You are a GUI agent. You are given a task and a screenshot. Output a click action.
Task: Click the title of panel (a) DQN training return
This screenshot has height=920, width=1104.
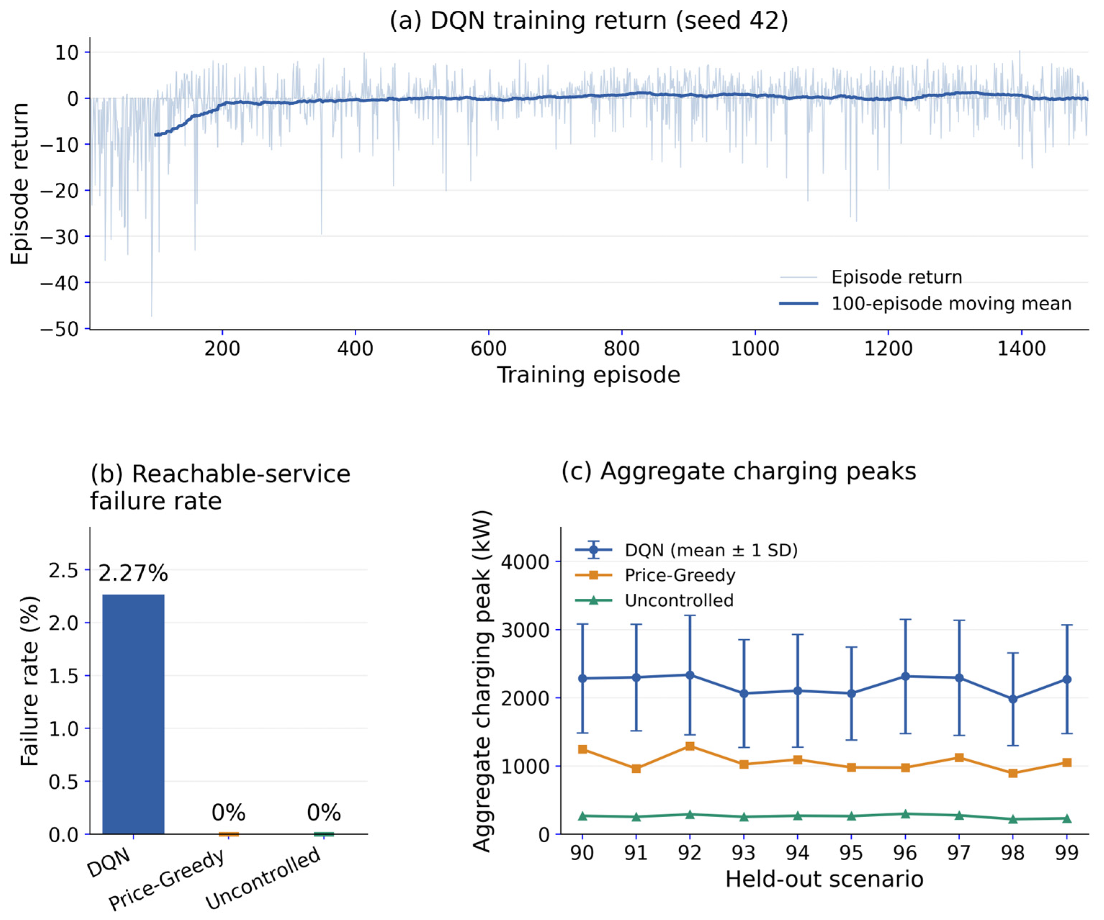[x=589, y=21]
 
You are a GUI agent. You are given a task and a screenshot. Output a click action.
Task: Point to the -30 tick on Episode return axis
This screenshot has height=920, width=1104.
[x=59, y=236]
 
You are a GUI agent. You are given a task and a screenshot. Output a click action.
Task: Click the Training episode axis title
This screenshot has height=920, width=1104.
[x=589, y=375]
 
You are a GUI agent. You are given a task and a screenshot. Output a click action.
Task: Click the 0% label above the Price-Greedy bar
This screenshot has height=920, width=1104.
[x=228, y=813]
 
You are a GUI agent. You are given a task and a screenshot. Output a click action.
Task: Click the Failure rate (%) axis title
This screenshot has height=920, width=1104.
[x=30, y=681]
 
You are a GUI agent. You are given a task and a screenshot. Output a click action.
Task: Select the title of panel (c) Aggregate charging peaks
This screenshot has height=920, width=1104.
[x=739, y=471]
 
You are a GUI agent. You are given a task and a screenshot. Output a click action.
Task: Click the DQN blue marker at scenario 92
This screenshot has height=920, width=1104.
[x=690, y=675]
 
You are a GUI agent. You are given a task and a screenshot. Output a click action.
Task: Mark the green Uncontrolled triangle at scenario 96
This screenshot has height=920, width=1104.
[x=905, y=814]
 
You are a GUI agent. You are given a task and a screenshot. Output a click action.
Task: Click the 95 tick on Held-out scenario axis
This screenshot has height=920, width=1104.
[x=851, y=853]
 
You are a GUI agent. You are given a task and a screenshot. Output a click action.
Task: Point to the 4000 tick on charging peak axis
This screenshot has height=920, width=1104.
[x=525, y=562]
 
